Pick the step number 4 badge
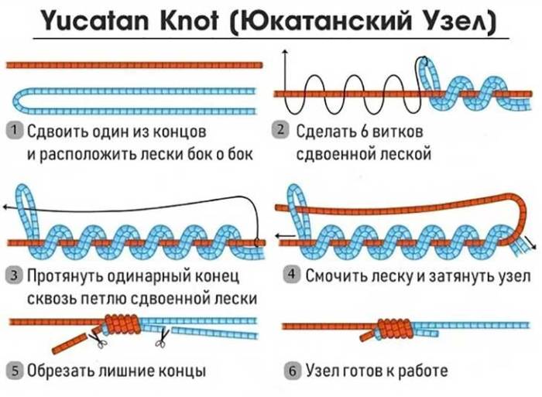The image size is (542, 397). [291, 275]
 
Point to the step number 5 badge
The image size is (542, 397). [14, 371]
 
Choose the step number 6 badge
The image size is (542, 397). [291, 371]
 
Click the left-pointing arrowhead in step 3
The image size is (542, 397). [6, 207]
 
